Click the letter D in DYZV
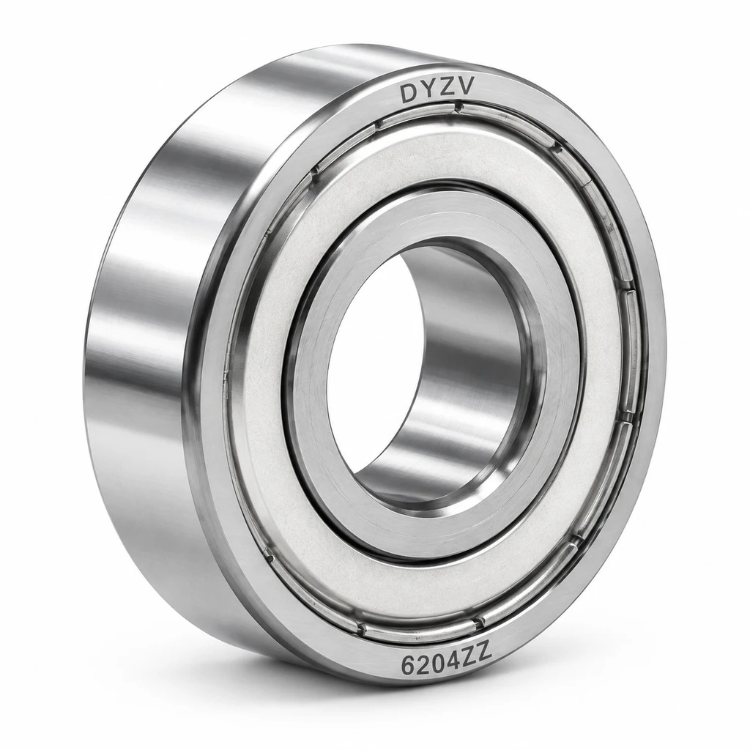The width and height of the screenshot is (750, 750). click(409, 93)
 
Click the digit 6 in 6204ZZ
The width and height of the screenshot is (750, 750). click(409, 665)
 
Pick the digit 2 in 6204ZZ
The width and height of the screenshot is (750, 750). click(423, 664)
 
